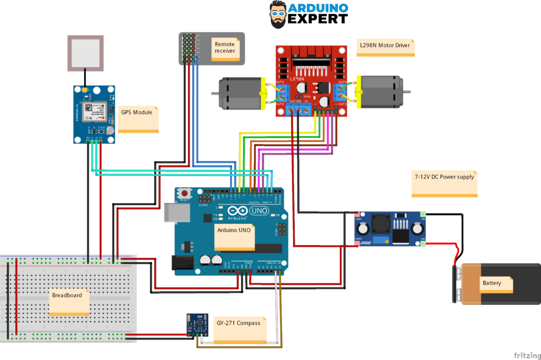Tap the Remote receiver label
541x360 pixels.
[x=225, y=48]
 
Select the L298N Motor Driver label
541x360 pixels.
[x=385, y=46]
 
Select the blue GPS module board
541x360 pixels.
[x=94, y=113]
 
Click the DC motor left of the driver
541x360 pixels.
[x=241, y=94]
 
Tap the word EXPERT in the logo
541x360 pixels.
[x=318, y=18]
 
